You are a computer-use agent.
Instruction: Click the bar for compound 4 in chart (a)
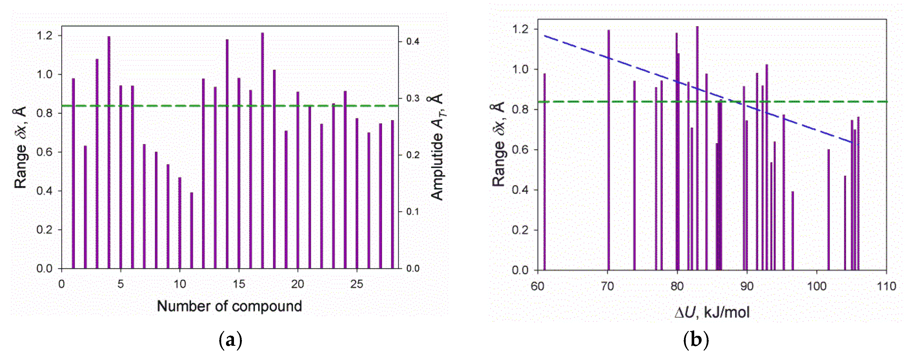tap(109, 152)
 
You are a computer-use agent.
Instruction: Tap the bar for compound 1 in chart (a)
tap(73, 173)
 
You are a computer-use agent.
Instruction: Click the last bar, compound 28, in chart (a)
tap(392, 194)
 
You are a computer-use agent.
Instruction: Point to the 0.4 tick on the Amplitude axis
tap(412, 42)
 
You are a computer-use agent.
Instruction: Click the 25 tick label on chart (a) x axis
tap(357, 284)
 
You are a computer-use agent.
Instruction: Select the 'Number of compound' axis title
tap(229, 306)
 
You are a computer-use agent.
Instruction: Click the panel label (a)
tap(231, 340)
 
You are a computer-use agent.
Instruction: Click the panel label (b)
tap(696, 340)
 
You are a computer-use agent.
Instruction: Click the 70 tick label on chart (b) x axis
tap(607, 286)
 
